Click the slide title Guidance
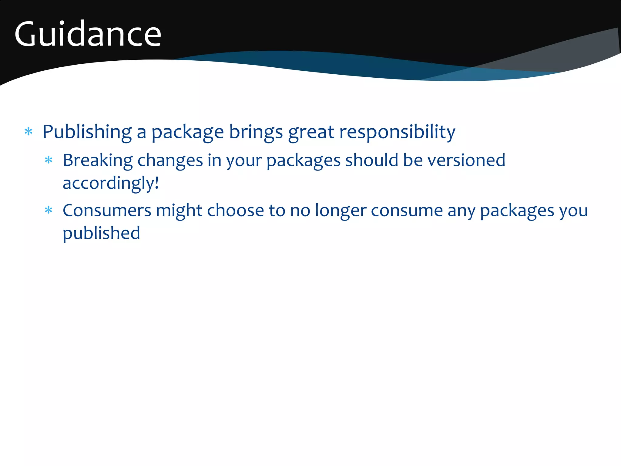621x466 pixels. pyautogui.click(x=88, y=34)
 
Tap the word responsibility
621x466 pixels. pyautogui.click(x=397, y=132)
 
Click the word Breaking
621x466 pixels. pyautogui.click(x=98, y=160)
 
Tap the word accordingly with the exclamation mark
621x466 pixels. pyautogui.click(x=111, y=183)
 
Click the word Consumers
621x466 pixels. pyautogui.click(x=107, y=210)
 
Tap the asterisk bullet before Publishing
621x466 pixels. pyautogui.click(x=29, y=132)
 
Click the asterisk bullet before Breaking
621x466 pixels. pyautogui.click(x=49, y=160)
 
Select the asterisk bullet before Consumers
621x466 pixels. pyautogui.click(x=49, y=210)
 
